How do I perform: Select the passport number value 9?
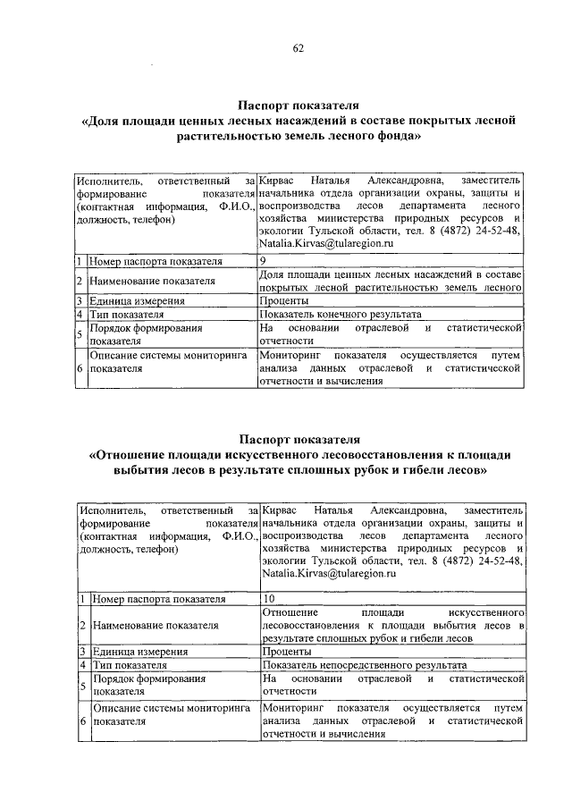click(x=263, y=261)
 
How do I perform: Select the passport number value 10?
click(x=269, y=598)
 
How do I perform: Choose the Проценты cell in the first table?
click(x=284, y=301)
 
